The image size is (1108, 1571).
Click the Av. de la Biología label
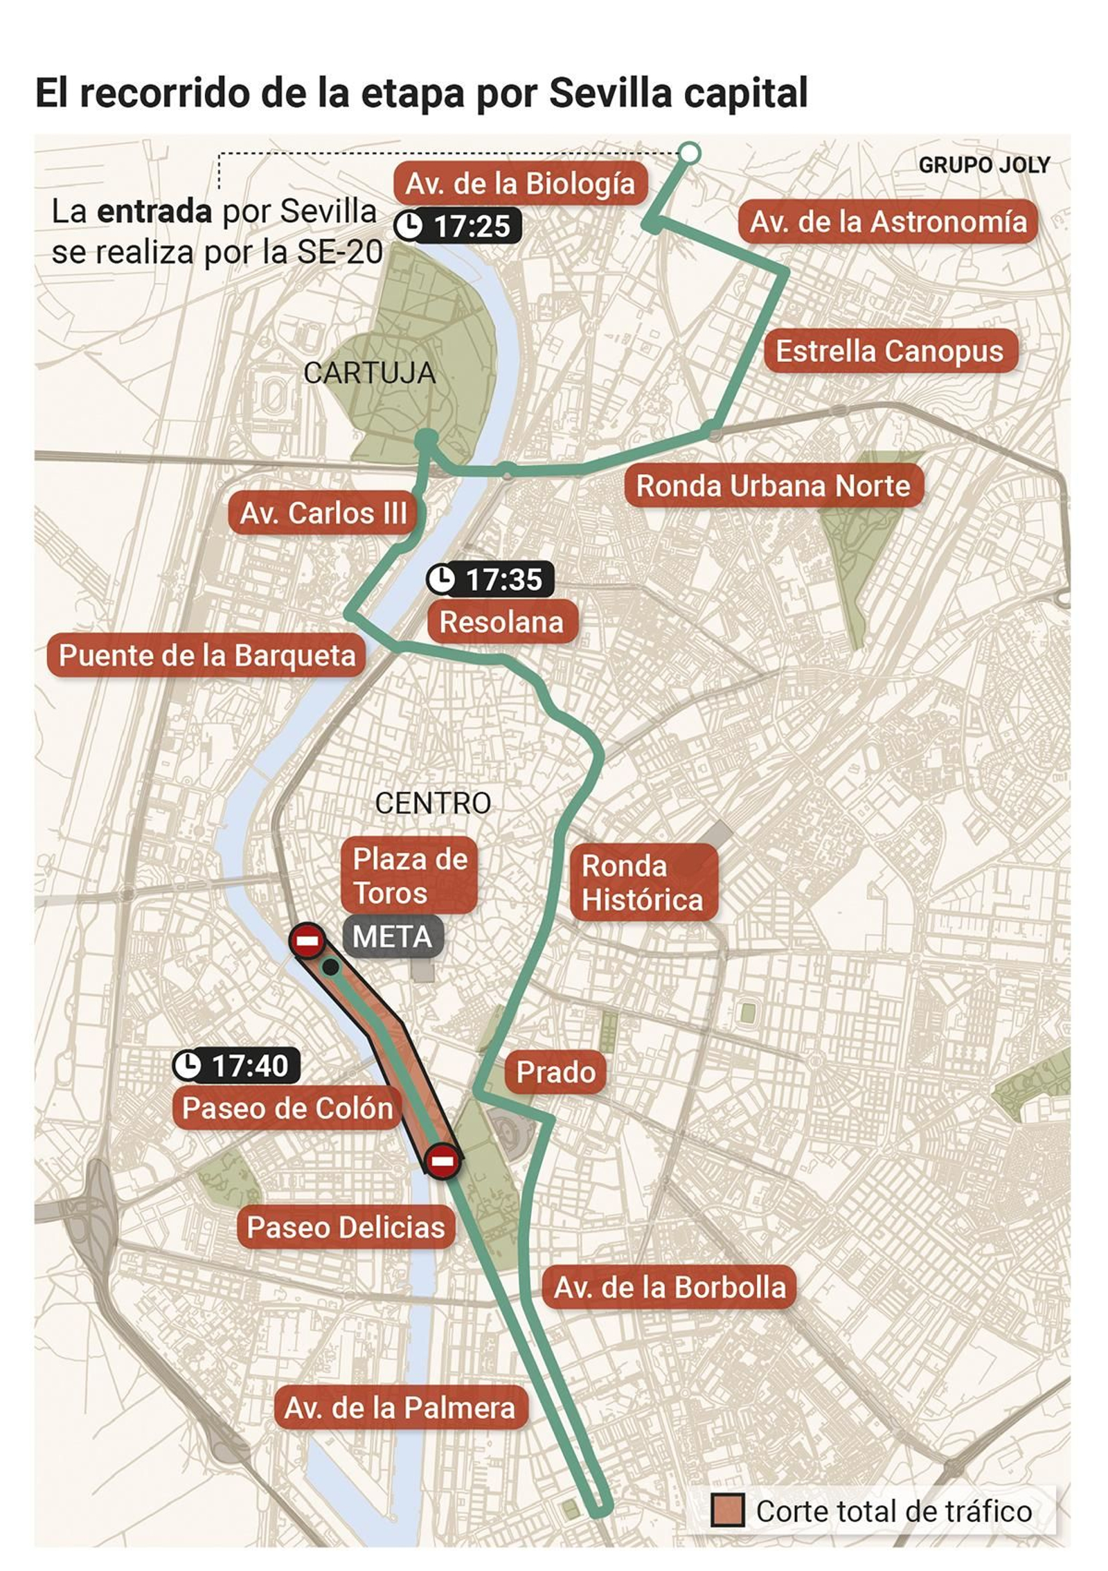[520, 183]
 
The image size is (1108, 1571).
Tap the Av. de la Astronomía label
[888, 222]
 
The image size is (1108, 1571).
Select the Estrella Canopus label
[889, 351]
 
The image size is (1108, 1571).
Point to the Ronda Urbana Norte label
[773, 485]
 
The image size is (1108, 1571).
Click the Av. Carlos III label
[323, 513]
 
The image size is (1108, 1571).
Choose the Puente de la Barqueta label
[206, 655]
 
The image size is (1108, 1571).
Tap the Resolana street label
[501, 622]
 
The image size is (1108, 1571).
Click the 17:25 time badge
[457, 226]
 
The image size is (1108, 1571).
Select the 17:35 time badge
[490, 580]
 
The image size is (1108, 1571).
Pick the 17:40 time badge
[235, 1065]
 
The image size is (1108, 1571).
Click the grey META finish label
[392, 937]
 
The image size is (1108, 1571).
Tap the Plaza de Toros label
[409, 876]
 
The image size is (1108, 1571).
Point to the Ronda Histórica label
[643, 882]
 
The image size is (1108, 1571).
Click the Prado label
[555, 1072]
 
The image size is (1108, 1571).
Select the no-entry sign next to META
[307, 940]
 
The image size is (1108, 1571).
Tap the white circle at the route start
[690, 152]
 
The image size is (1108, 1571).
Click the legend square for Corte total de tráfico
[727, 1510]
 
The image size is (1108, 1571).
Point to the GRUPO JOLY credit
[983, 165]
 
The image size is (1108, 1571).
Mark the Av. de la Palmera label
[400, 1408]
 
